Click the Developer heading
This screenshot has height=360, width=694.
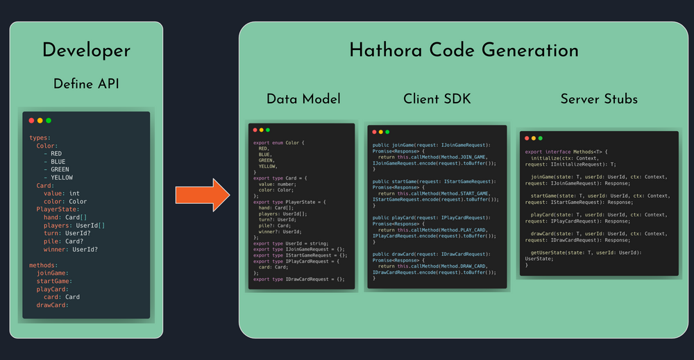tap(86, 50)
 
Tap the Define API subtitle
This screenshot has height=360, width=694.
tap(86, 84)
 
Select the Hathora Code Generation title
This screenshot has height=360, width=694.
tap(464, 50)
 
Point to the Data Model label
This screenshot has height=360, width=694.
tap(303, 99)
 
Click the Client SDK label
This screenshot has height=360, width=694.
tap(437, 99)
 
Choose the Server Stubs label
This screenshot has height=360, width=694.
tap(599, 99)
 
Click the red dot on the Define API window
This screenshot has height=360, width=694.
tap(31, 121)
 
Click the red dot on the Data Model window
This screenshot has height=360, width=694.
tap(255, 130)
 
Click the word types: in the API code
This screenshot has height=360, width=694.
tap(40, 138)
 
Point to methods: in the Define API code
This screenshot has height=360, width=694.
tap(44, 265)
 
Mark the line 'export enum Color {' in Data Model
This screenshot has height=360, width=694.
tap(281, 143)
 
